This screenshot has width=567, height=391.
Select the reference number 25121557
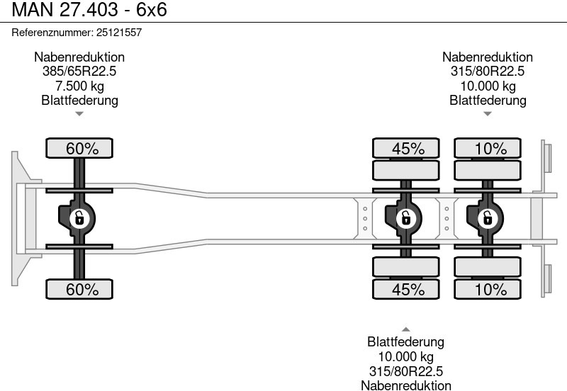click(x=118, y=33)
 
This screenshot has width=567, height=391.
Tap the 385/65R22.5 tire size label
click(x=79, y=72)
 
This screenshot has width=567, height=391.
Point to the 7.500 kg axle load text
click(x=79, y=86)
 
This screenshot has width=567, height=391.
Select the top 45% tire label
click(x=408, y=149)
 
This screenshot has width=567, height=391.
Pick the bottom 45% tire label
click(x=408, y=289)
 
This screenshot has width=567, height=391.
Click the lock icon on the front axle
click(x=80, y=218)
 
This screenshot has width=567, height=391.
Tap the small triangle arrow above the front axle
click(x=79, y=113)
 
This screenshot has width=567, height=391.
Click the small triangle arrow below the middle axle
click(x=405, y=329)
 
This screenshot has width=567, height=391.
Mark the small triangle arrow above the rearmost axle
click(x=488, y=113)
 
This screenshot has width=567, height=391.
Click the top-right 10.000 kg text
click(x=488, y=86)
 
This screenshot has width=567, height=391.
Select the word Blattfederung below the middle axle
click(x=405, y=342)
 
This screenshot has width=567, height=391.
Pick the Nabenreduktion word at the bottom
click(x=405, y=385)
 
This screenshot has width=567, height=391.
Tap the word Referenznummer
click(x=52, y=33)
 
